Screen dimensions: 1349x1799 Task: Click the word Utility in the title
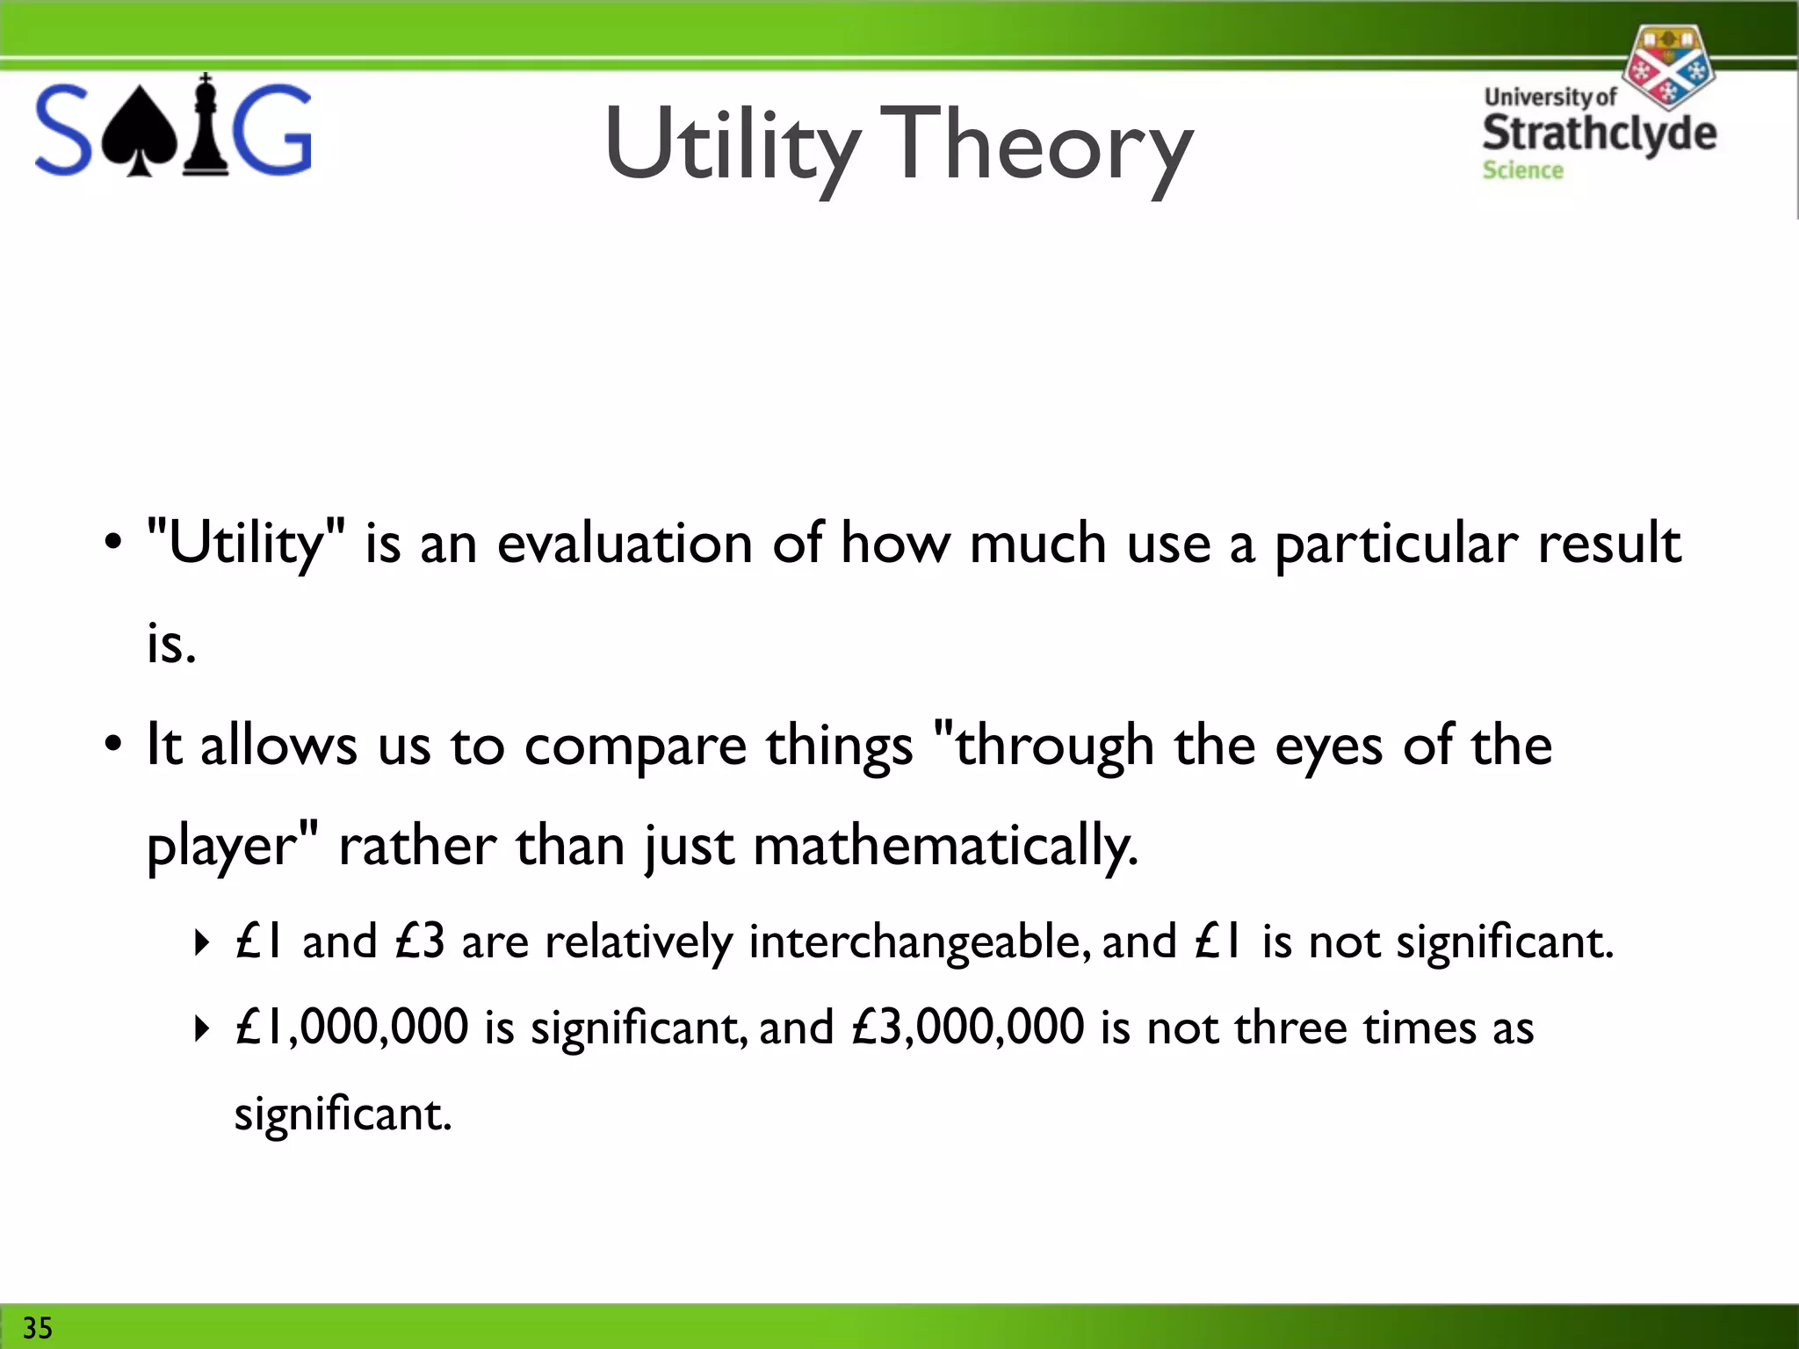[732, 145]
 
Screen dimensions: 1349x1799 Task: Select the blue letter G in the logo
[273, 130]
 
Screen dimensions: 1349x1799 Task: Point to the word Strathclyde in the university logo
[1599, 133]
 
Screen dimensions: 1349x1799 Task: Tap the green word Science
[1522, 170]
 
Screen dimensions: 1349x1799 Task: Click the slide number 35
[38, 1327]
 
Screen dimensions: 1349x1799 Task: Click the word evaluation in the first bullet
[625, 544]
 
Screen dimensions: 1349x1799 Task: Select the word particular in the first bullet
[1396, 544]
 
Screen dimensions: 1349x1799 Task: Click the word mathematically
[945, 847]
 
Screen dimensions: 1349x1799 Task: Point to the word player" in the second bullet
[232, 847]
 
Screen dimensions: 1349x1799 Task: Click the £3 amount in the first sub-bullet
[420, 942]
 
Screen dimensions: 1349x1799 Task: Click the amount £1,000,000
[351, 1028]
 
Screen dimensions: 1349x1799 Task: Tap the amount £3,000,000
[968, 1028]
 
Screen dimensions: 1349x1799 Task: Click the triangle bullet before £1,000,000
[202, 1028]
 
